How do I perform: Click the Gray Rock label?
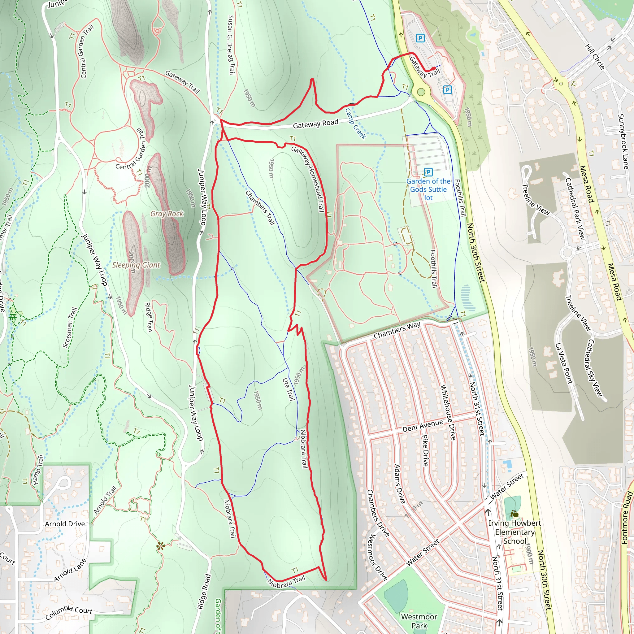(167, 214)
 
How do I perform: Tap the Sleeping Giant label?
(136, 265)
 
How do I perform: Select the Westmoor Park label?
(419, 621)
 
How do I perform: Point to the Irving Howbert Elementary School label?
(515, 532)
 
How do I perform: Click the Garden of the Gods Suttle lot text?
(428, 189)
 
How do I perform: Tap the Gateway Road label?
(315, 124)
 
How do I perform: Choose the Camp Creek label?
(355, 124)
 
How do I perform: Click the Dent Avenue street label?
(423, 426)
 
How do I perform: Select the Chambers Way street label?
(397, 330)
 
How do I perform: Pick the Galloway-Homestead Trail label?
(308, 179)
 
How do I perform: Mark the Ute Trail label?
(289, 389)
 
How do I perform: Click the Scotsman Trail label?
(70, 328)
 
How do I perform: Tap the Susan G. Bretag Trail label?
(232, 45)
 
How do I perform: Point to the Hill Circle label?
(595, 57)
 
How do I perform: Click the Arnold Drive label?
(65, 524)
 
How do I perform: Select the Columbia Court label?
(69, 612)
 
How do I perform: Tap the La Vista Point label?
(564, 363)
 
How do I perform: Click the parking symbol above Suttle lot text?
(428, 172)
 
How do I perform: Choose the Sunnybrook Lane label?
(623, 142)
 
